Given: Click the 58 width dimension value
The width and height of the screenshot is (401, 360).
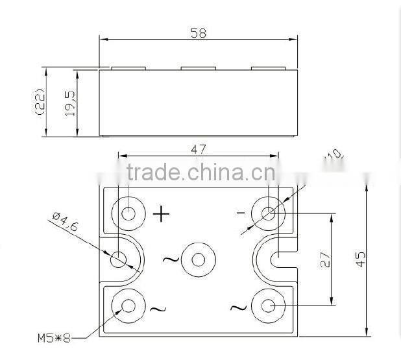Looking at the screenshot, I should (x=199, y=33).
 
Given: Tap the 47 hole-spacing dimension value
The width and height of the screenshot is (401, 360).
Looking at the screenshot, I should (x=199, y=149).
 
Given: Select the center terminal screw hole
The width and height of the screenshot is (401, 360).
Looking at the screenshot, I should (x=198, y=260).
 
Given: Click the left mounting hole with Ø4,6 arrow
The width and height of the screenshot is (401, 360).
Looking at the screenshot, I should (x=118, y=259).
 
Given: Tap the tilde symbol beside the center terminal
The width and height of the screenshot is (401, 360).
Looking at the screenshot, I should (x=170, y=260).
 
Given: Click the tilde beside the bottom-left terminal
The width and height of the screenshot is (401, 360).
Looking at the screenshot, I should (x=158, y=309).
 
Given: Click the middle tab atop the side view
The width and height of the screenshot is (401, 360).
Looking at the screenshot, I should (x=199, y=67).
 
